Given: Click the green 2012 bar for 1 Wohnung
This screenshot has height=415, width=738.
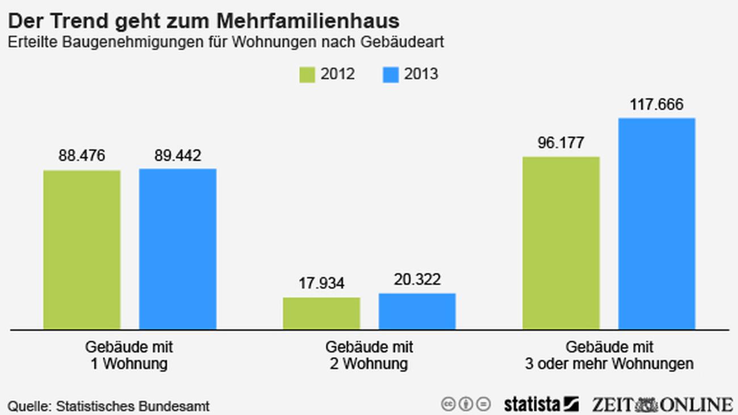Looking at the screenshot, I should (x=82, y=249).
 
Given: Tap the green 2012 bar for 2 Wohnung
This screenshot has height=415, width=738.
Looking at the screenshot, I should (x=321, y=313).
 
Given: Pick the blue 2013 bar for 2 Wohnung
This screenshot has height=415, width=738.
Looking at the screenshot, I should (x=417, y=311).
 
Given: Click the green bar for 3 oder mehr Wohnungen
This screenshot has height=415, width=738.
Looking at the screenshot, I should (x=561, y=242).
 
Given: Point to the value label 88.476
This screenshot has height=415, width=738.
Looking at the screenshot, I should (x=82, y=156).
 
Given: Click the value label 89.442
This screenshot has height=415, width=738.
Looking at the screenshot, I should (x=178, y=156).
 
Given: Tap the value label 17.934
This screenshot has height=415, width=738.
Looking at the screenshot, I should (x=321, y=283).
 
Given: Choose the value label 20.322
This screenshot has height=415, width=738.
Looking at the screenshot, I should (x=417, y=279).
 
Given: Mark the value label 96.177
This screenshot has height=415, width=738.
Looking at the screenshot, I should (x=561, y=142).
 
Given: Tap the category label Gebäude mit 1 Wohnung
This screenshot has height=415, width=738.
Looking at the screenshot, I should (x=129, y=355).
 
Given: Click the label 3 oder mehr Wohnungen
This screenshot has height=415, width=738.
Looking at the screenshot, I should (x=609, y=363).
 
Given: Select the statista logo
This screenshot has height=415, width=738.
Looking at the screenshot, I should (x=540, y=404).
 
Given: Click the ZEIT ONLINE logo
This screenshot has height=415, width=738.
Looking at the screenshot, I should (x=662, y=404).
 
